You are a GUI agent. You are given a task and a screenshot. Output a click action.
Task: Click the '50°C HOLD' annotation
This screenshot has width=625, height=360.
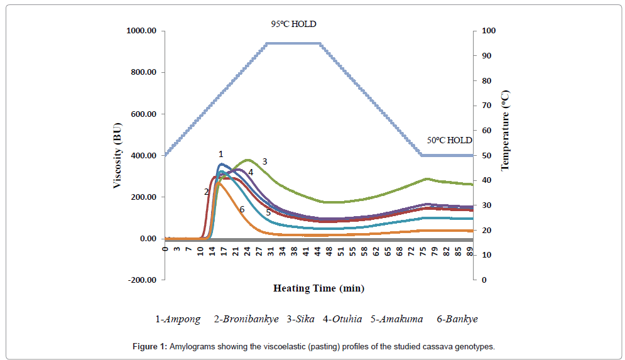coord(449,140)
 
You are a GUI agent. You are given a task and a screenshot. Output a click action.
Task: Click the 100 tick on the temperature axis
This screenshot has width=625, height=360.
coord(489,31)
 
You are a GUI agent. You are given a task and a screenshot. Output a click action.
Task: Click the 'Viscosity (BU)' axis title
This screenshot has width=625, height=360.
coord(117,155)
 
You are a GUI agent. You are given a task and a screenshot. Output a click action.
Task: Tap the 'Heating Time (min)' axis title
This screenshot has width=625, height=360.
coord(318,288)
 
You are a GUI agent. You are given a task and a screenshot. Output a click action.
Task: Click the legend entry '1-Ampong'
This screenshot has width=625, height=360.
coord(178,319)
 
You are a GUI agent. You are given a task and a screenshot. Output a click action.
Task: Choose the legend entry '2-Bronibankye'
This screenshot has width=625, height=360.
coord(246,319)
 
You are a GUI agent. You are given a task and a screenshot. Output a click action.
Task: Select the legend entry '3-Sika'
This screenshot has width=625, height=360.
coord(301,319)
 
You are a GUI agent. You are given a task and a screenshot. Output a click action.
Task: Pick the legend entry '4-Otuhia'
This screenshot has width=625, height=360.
coord(342,319)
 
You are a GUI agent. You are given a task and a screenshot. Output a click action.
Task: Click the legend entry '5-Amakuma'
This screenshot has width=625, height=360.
coord(396,319)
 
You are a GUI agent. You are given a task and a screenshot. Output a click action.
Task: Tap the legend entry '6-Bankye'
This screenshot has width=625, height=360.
coord(457,319)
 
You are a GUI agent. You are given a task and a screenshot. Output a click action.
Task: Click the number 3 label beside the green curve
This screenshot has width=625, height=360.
coord(265,161)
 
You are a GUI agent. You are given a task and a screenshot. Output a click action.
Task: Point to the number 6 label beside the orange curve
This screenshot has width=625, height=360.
coord(241,209)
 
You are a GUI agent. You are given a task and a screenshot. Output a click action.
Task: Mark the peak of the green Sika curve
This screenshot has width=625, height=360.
coord(247,160)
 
